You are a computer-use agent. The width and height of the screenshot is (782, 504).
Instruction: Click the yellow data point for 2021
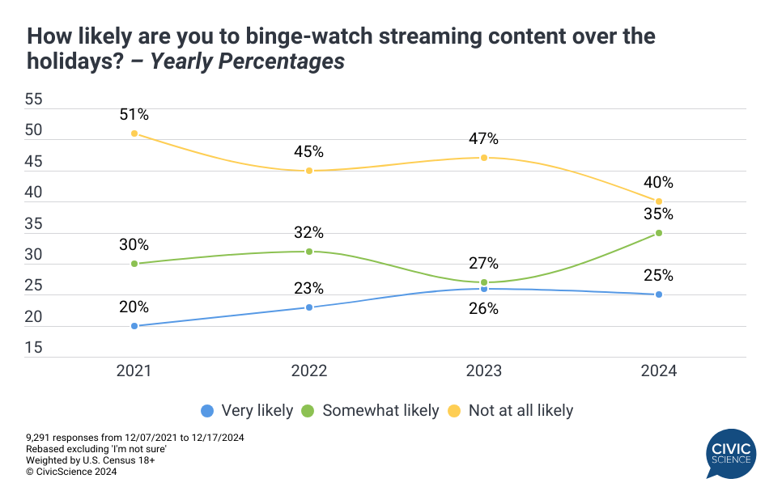(134, 133)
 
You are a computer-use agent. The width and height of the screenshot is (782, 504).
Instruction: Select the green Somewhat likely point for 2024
(659, 233)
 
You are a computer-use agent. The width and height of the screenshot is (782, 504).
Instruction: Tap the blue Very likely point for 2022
(309, 307)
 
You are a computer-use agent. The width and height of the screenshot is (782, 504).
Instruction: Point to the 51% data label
(134, 115)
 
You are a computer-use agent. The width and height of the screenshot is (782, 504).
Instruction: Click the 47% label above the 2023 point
(484, 139)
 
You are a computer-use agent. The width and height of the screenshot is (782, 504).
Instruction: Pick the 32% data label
(309, 233)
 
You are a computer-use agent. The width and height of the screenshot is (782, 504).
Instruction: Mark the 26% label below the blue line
(484, 308)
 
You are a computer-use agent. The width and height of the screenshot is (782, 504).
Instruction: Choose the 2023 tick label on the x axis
(484, 371)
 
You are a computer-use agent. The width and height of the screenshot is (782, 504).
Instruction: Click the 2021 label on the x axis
(134, 371)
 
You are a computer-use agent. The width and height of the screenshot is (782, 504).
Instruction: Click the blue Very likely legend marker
(207, 411)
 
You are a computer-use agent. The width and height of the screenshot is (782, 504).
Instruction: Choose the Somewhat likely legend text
(380, 411)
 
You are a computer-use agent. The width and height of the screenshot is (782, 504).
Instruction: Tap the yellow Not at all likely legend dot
(455, 411)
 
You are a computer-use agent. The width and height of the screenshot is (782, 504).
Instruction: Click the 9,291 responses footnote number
(42, 438)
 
